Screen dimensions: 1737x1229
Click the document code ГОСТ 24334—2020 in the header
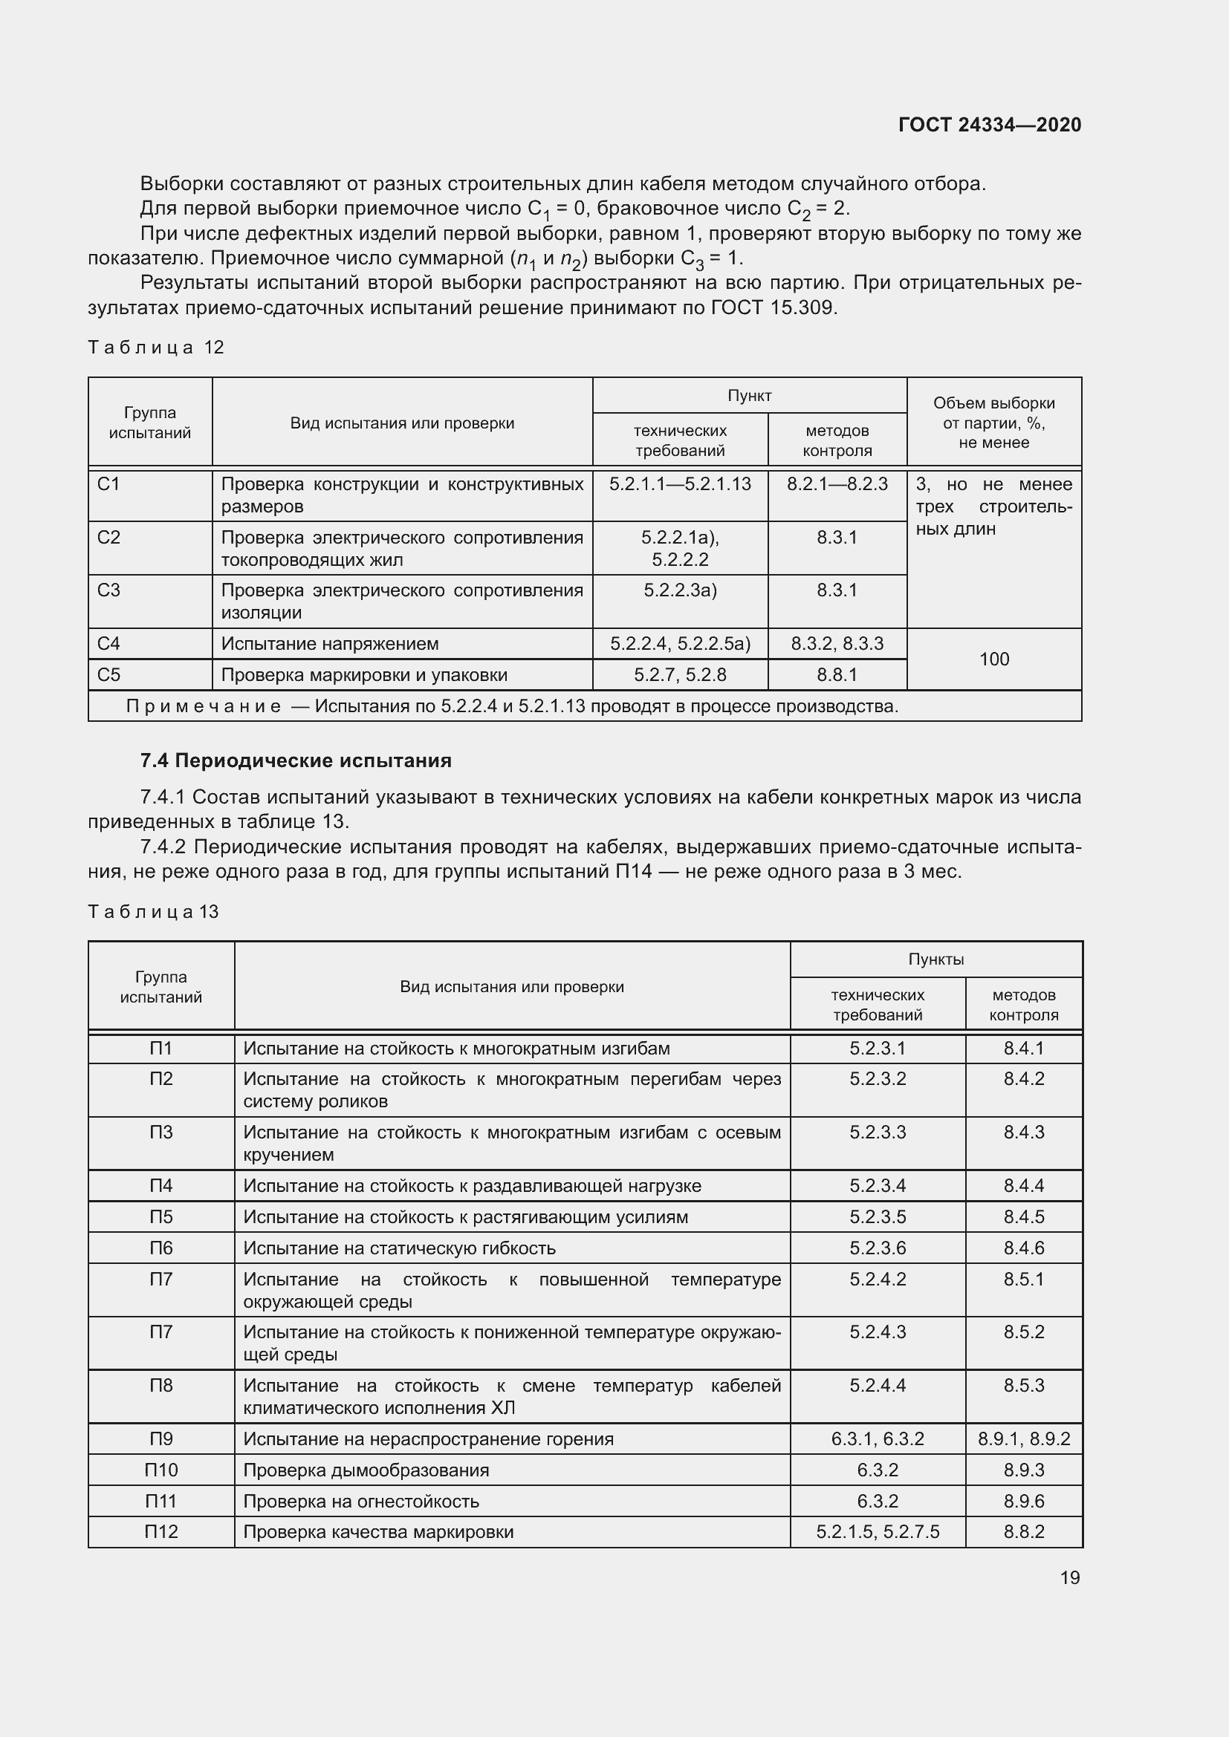[x=989, y=125]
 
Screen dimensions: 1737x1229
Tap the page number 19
[x=1069, y=1577]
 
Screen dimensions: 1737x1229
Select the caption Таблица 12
[x=156, y=348]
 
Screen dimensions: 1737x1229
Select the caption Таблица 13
[x=153, y=912]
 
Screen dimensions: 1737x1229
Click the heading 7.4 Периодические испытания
[x=296, y=760]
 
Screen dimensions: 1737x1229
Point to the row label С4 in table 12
[x=109, y=644]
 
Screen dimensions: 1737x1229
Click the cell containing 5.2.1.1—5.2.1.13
[x=680, y=484]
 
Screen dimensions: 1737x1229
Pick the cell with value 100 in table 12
[x=993, y=659]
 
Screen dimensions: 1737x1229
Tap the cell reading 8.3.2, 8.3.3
[x=837, y=644]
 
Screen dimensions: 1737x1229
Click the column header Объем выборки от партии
[x=993, y=422]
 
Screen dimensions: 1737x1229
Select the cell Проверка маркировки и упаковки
[x=364, y=675]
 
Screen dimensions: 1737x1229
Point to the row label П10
[x=161, y=1470]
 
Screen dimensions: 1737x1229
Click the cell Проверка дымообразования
[x=366, y=1470]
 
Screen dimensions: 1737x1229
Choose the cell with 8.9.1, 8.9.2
[x=1023, y=1439]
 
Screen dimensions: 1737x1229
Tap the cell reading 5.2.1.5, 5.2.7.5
[x=877, y=1532]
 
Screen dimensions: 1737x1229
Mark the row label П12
[x=161, y=1532]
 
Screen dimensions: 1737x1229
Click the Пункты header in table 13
[x=935, y=959]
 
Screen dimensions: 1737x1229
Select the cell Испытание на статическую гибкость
[x=399, y=1248]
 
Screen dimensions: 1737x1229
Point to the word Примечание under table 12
[x=203, y=706]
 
